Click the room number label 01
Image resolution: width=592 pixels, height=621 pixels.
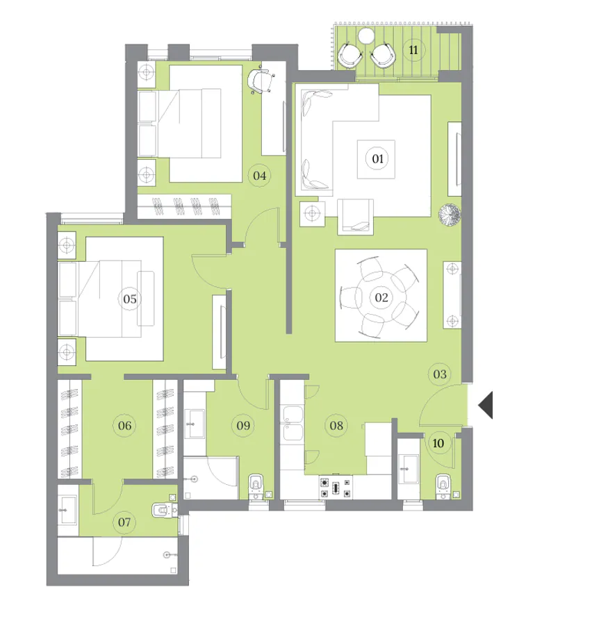(x=378, y=159)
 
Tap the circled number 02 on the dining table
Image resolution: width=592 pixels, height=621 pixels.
(x=381, y=298)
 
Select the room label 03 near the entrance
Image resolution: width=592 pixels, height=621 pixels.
(x=438, y=374)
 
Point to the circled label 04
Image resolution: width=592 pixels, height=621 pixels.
(x=260, y=175)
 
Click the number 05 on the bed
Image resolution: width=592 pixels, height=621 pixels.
(x=129, y=299)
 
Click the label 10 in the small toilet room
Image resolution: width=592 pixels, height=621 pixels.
(x=439, y=442)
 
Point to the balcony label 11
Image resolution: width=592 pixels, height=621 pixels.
(x=414, y=50)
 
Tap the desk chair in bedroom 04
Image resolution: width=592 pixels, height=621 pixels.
(x=261, y=81)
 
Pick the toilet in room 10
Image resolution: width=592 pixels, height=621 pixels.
(x=442, y=485)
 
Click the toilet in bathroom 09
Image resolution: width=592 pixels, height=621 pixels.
(x=257, y=483)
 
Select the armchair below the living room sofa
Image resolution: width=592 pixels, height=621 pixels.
(x=356, y=215)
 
